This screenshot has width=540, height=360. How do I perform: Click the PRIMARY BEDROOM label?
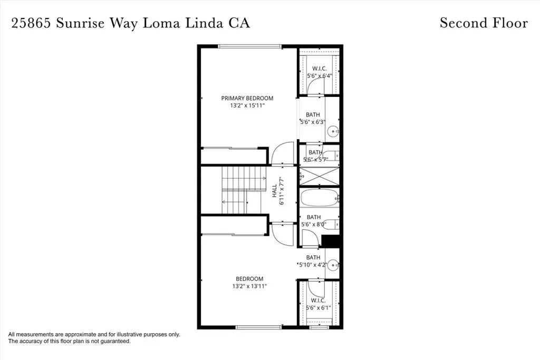coord(247,98)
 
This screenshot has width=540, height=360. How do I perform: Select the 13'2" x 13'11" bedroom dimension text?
coord(249,286)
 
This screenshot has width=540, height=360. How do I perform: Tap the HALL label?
coord(275,190)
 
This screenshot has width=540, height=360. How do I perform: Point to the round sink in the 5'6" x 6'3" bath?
coord(333,131)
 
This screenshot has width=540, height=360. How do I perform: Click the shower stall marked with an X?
coord(319,177)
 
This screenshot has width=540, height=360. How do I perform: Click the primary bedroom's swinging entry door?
coord(282,153)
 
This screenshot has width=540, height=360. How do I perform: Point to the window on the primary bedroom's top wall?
coord(250,46)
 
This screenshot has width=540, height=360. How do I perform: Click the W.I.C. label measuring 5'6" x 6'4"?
coord(319,69)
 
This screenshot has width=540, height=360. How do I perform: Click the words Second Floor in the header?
coord(483,23)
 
